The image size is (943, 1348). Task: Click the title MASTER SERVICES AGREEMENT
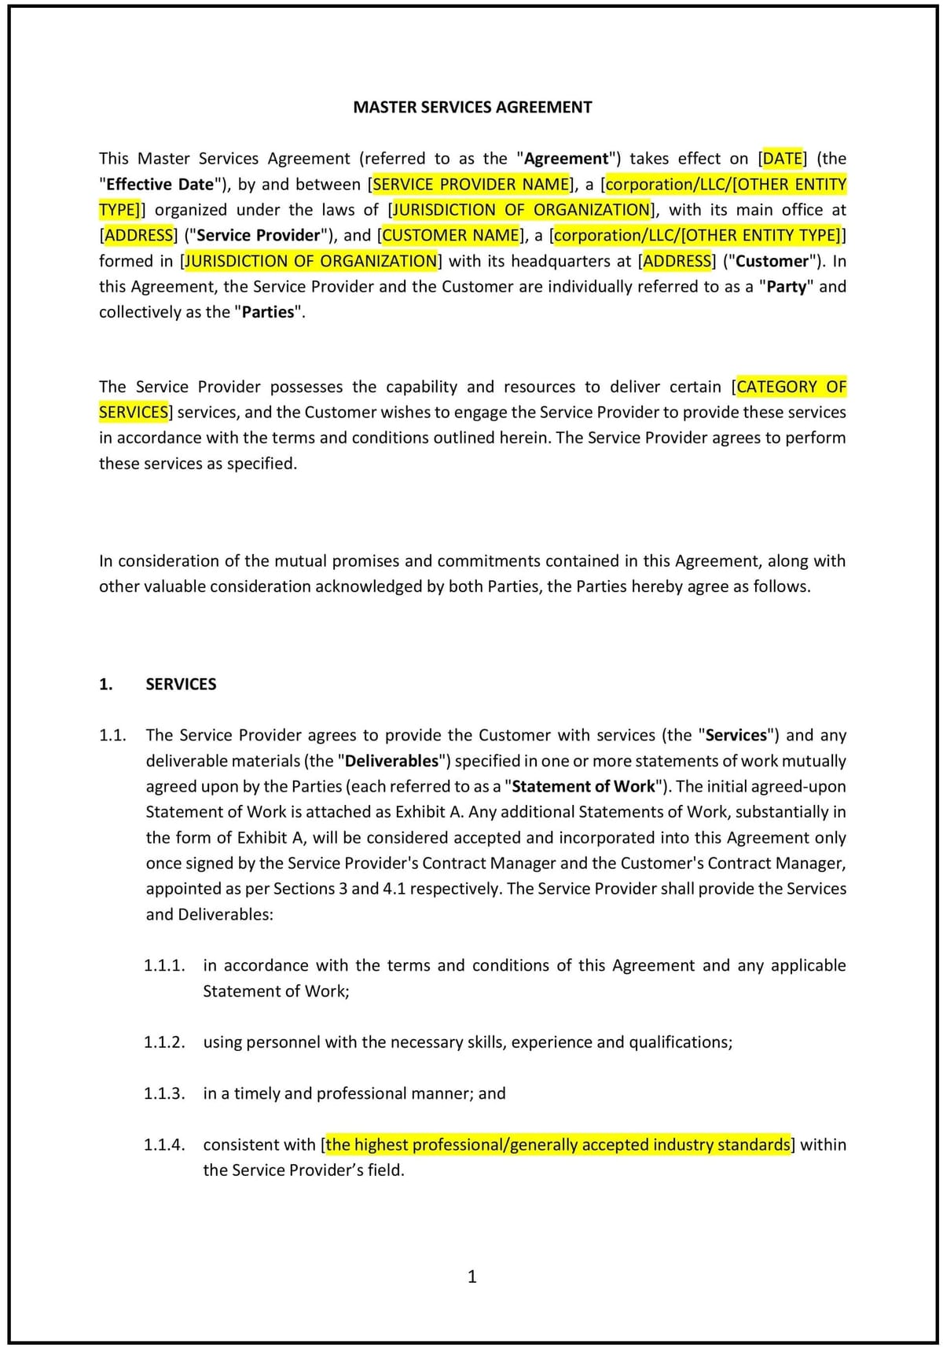[472, 108]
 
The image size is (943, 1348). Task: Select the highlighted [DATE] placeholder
[783, 159]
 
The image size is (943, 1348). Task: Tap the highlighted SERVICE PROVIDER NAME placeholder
[472, 185]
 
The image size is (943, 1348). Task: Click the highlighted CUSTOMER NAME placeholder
[451, 236]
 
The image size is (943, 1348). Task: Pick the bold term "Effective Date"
[160, 185]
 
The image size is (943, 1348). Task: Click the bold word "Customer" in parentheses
[772, 261]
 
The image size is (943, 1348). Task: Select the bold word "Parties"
[268, 312]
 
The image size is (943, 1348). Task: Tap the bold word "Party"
[787, 287]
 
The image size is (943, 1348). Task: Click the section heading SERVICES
[181, 685]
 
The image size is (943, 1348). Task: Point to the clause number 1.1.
[112, 736]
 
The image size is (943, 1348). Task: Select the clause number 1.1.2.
[164, 1042]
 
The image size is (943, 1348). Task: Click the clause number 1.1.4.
[164, 1144]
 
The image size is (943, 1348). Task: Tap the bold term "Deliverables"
[391, 761]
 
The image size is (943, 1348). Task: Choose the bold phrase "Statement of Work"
[583, 787]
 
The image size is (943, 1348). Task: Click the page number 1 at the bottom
[472, 1276]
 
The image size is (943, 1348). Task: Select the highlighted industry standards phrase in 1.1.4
[558, 1144]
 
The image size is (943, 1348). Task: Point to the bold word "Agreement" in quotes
[566, 159]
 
